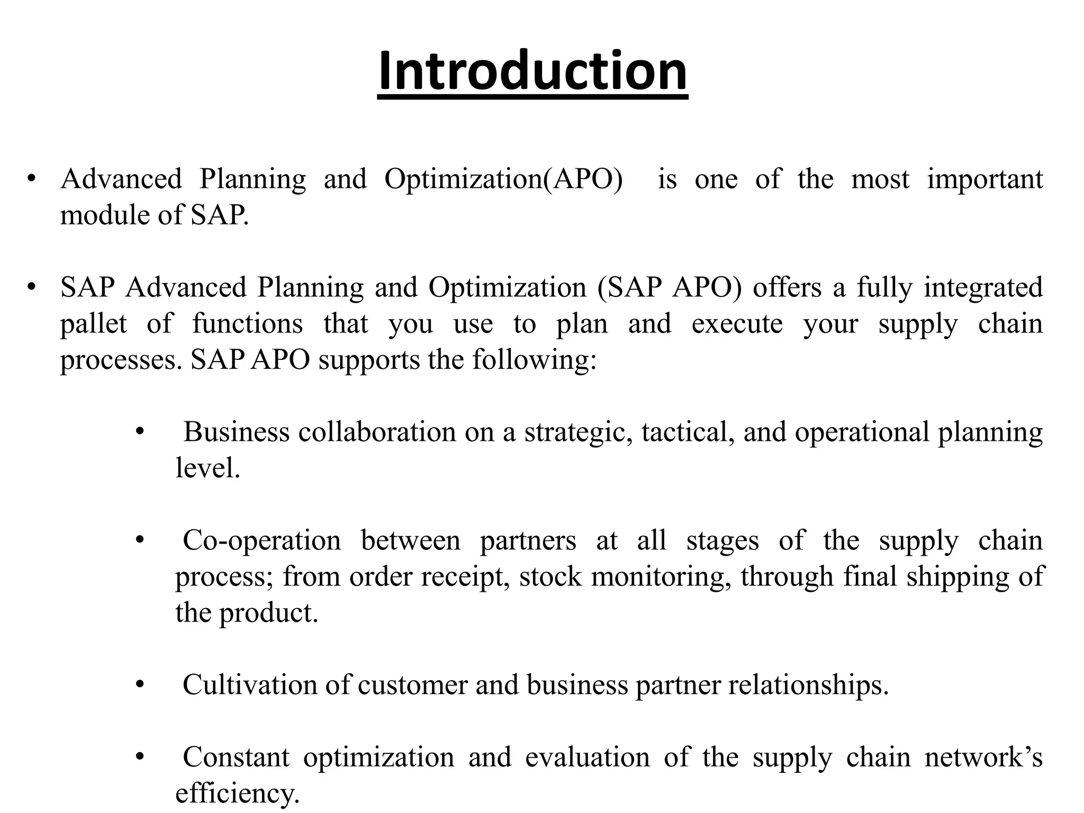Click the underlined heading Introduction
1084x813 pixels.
tap(532, 71)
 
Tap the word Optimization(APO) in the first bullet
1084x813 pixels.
tap(503, 179)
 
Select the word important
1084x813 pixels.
tap(984, 179)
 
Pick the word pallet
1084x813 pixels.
tap(93, 324)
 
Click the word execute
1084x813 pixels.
tap(737, 324)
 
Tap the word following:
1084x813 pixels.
tap(534, 360)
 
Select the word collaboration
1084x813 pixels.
tap(377, 432)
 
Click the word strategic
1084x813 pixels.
tap(578, 432)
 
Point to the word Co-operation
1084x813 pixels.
tap(261, 541)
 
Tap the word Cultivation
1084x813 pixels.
tap(249, 685)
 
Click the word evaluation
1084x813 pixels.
tap(587, 757)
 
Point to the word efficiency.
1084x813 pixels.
tap(237, 793)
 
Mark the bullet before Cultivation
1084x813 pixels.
tap(140, 685)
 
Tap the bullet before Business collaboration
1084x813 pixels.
tap(140, 432)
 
